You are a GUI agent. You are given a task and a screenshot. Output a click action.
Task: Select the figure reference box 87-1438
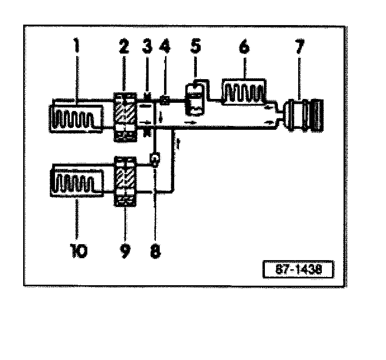click(298, 269)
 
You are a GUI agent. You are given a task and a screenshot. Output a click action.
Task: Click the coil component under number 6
click(244, 92)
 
